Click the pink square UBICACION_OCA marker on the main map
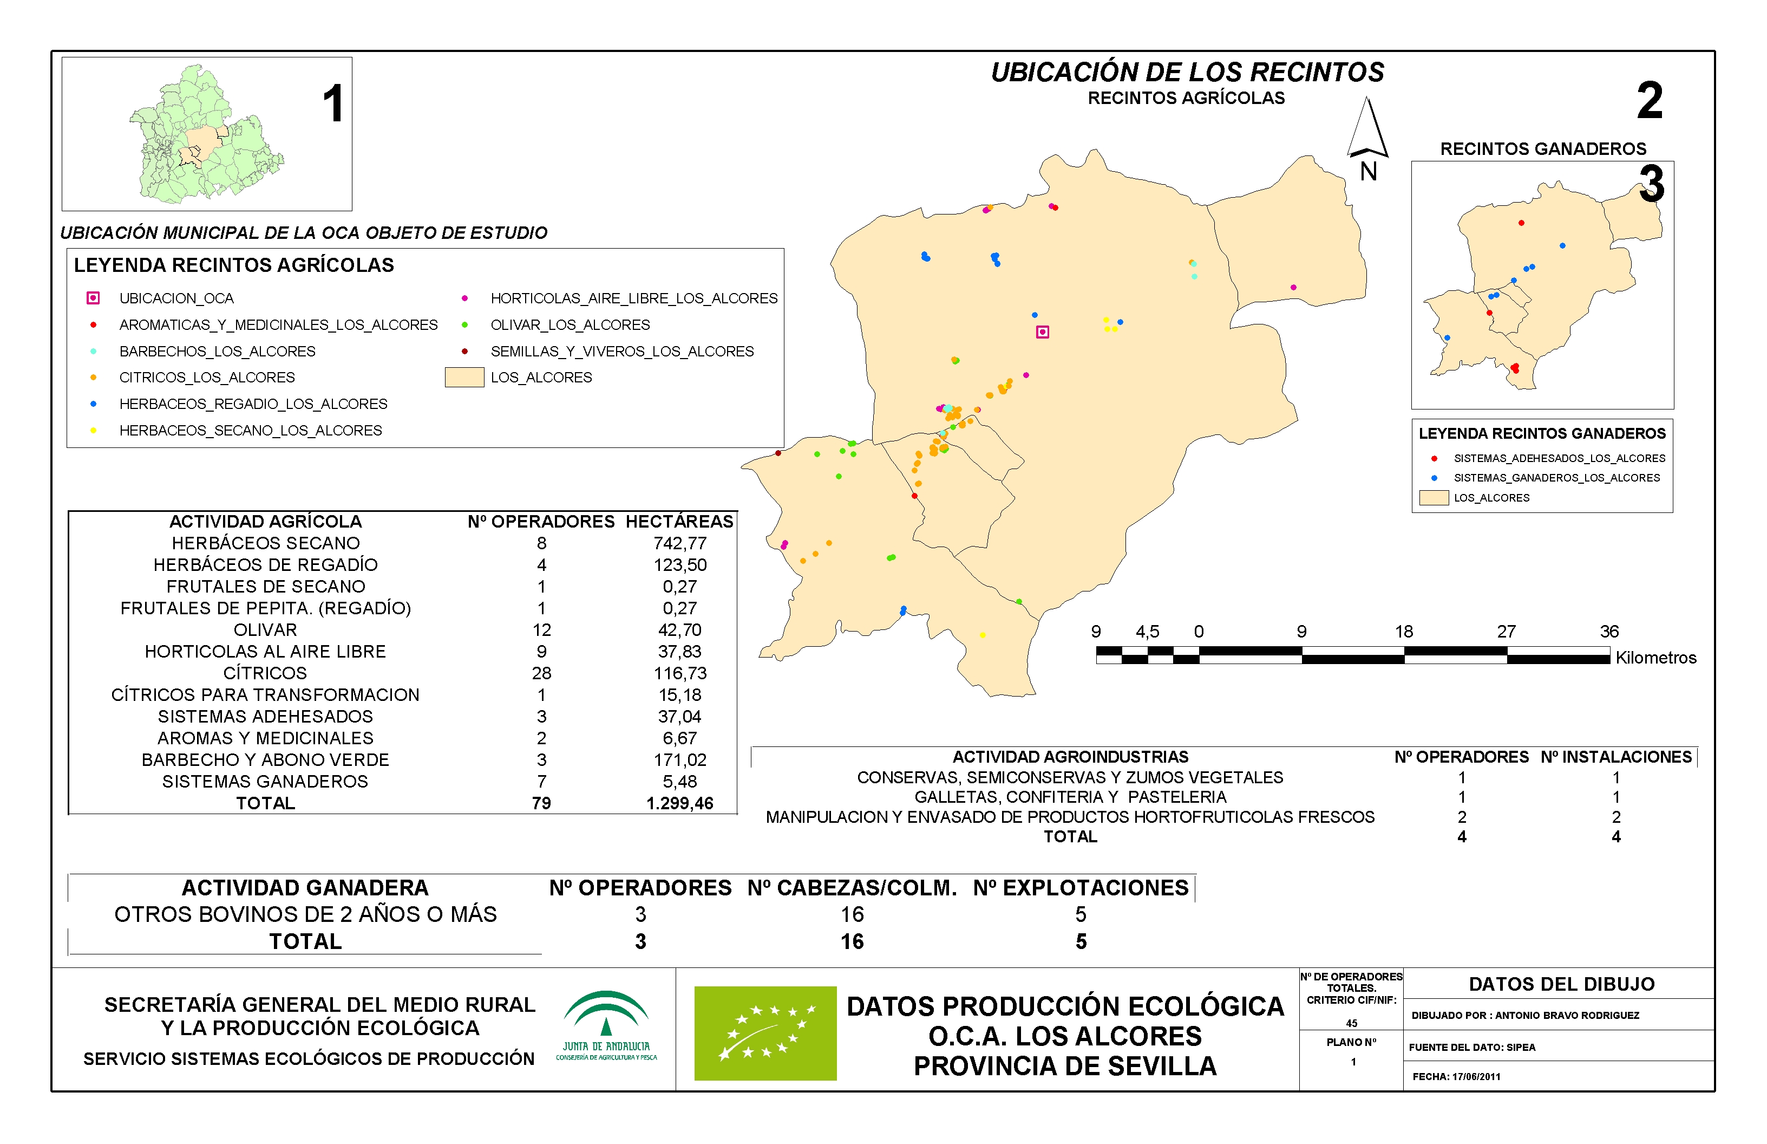1042,332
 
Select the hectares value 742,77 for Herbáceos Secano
679,543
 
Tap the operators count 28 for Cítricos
541,673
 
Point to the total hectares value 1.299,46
679,803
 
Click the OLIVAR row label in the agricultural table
265,630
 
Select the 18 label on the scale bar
1403,632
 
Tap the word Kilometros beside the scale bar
1655,658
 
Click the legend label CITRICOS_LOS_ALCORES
207,378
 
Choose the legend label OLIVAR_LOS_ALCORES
570,324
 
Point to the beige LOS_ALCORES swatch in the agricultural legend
464,378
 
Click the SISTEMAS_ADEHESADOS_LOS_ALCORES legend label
1559,458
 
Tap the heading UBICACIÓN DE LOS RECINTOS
1187,72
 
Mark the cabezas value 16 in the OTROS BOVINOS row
852,914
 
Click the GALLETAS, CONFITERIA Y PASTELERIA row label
1070,797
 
